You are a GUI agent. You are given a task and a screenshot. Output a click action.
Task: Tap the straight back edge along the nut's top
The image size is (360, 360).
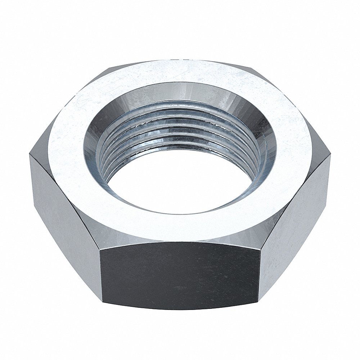click(180, 60)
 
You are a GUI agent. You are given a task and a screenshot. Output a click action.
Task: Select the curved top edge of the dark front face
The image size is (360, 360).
click(180, 242)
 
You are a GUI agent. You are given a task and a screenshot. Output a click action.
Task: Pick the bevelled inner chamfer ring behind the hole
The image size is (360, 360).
click(180, 92)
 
